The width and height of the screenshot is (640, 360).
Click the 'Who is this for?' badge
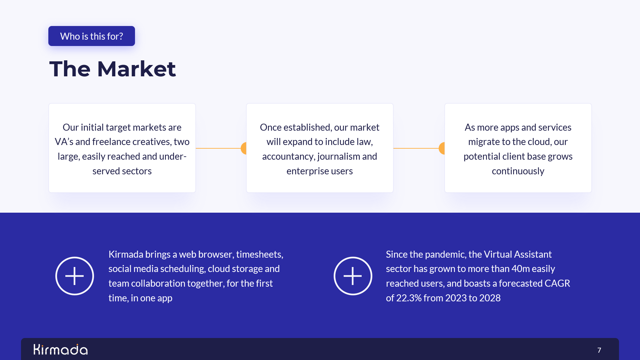(92, 36)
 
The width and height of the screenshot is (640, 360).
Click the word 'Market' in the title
(136, 69)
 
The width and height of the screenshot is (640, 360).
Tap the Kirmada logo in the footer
(61, 349)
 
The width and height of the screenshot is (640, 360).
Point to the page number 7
(599, 350)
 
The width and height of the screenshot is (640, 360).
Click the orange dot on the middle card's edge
(244, 148)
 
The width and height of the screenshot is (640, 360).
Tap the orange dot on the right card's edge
(442, 148)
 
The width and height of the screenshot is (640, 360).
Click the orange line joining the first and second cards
(218, 148)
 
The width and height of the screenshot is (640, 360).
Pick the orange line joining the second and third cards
(416, 148)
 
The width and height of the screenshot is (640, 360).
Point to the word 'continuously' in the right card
(518, 171)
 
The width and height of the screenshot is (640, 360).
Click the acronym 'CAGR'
(557, 283)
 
